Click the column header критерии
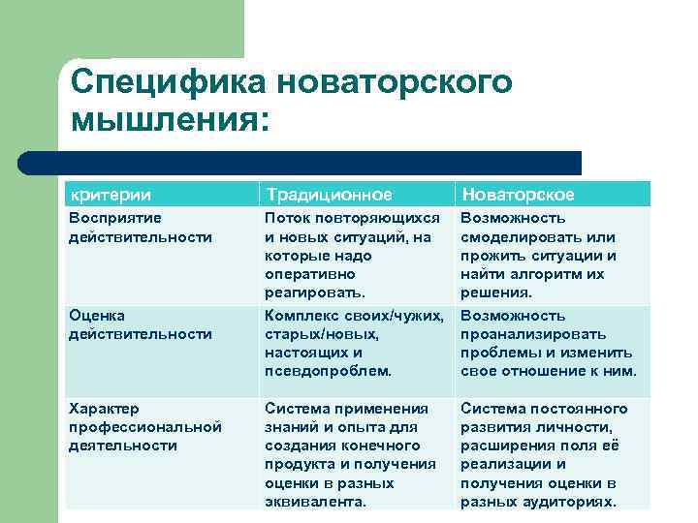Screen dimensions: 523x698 110,194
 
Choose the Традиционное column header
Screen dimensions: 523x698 329,194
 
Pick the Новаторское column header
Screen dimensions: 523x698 518,194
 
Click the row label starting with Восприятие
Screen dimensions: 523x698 115,218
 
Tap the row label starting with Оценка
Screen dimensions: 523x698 97,315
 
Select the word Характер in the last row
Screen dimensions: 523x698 104,408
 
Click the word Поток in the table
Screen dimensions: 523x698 288,218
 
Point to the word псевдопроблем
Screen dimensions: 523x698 329,371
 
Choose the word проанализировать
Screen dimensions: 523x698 532,334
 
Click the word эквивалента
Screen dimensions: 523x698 315,502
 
